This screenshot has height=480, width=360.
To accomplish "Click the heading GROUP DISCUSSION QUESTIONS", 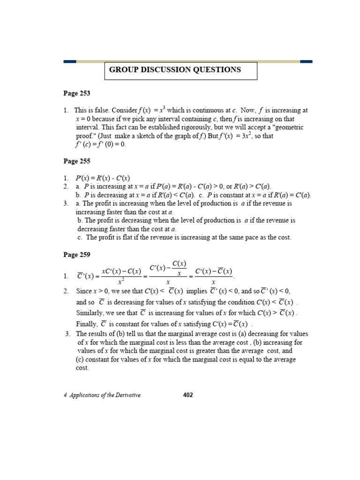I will [175, 70].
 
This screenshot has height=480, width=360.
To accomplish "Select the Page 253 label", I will [77, 93].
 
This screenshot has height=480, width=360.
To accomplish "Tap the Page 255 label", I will [77, 161].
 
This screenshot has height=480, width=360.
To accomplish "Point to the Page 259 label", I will [77, 255].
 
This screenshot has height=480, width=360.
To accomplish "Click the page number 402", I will [187, 395].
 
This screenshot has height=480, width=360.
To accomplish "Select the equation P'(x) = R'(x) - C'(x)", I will [103, 178].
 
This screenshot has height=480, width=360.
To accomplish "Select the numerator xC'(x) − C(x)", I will [121, 271].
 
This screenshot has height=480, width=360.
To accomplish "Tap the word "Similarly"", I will [91, 313].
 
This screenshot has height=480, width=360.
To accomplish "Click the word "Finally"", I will [87, 324].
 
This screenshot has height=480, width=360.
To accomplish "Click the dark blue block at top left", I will [70, 61].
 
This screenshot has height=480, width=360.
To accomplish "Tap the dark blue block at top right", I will [306, 61].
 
